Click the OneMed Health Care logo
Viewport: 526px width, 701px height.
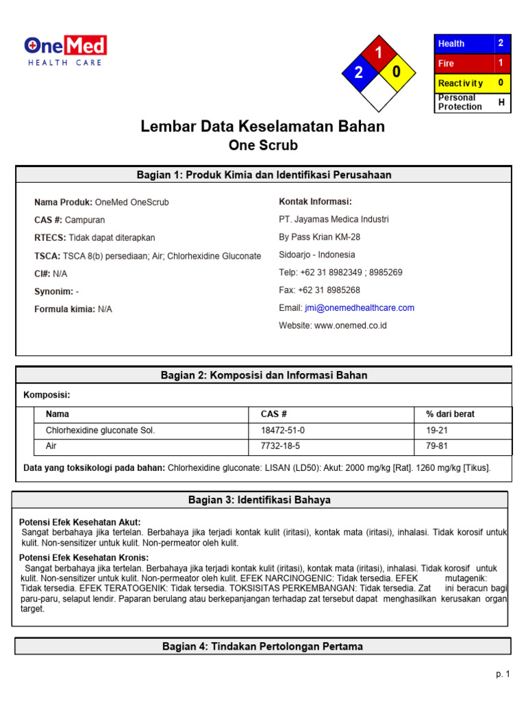[x=65, y=51]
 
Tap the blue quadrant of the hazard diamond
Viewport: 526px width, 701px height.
[x=358, y=73]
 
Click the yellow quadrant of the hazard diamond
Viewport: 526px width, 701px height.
[x=397, y=73]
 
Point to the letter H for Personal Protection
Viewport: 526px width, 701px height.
[x=501, y=103]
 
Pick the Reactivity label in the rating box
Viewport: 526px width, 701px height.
[x=460, y=83]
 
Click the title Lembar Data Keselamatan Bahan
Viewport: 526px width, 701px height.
[x=262, y=127]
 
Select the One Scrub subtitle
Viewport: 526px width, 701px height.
[x=262, y=146]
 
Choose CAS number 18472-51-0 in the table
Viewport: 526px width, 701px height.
[x=283, y=431]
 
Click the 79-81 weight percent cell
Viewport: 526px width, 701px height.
[x=437, y=446]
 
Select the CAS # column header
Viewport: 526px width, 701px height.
[x=274, y=414]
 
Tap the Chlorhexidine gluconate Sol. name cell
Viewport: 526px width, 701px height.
[x=101, y=431]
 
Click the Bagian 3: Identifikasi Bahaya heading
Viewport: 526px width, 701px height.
[x=260, y=500]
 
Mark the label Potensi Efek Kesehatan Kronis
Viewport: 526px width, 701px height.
[x=84, y=558]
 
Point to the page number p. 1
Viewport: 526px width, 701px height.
[x=503, y=674]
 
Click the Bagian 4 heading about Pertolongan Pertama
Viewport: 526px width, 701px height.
[x=262, y=646]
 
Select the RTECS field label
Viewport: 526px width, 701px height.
[x=50, y=238]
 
